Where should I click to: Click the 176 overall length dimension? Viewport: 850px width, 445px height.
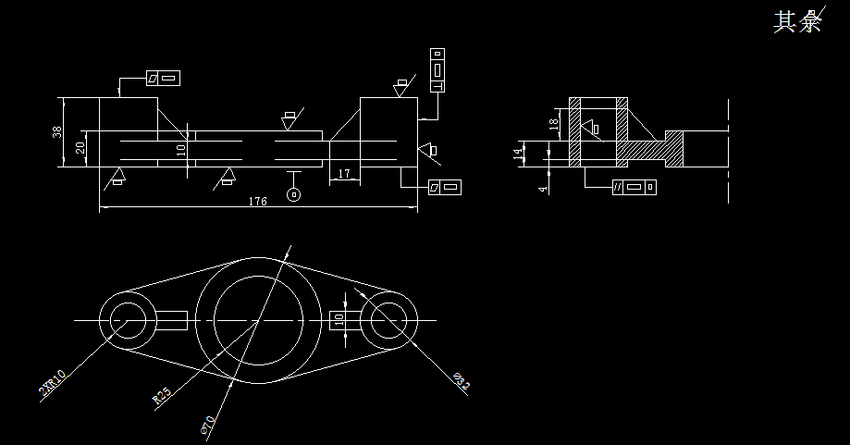coord(258,202)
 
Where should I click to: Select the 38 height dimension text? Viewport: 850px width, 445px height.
coord(58,132)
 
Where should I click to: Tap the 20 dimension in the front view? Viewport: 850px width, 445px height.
coord(80,147)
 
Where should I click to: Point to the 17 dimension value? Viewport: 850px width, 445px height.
coord(344,173)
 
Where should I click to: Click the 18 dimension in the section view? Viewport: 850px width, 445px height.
coord(554,123)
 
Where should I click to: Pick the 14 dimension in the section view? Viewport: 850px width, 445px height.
coord(519,154)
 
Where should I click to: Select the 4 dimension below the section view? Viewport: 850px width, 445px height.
coord(544,187)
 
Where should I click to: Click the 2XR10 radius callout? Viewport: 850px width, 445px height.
coord(52,382)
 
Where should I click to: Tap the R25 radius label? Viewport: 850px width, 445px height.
coord(162,398)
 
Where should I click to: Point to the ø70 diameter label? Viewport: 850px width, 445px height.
coord(207,425)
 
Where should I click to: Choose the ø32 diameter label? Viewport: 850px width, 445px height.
coord(462,380)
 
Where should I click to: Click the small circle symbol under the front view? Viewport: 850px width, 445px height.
coord(294,194)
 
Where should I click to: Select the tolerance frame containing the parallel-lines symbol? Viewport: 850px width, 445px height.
coord(634,187)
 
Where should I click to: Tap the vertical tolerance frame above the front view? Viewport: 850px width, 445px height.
coord(437,70)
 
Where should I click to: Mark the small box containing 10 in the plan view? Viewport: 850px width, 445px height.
coord(338,320)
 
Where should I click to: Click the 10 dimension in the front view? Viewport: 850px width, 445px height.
coord(181,147)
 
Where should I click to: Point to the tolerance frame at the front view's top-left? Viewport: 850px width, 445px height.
coord(163,79)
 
